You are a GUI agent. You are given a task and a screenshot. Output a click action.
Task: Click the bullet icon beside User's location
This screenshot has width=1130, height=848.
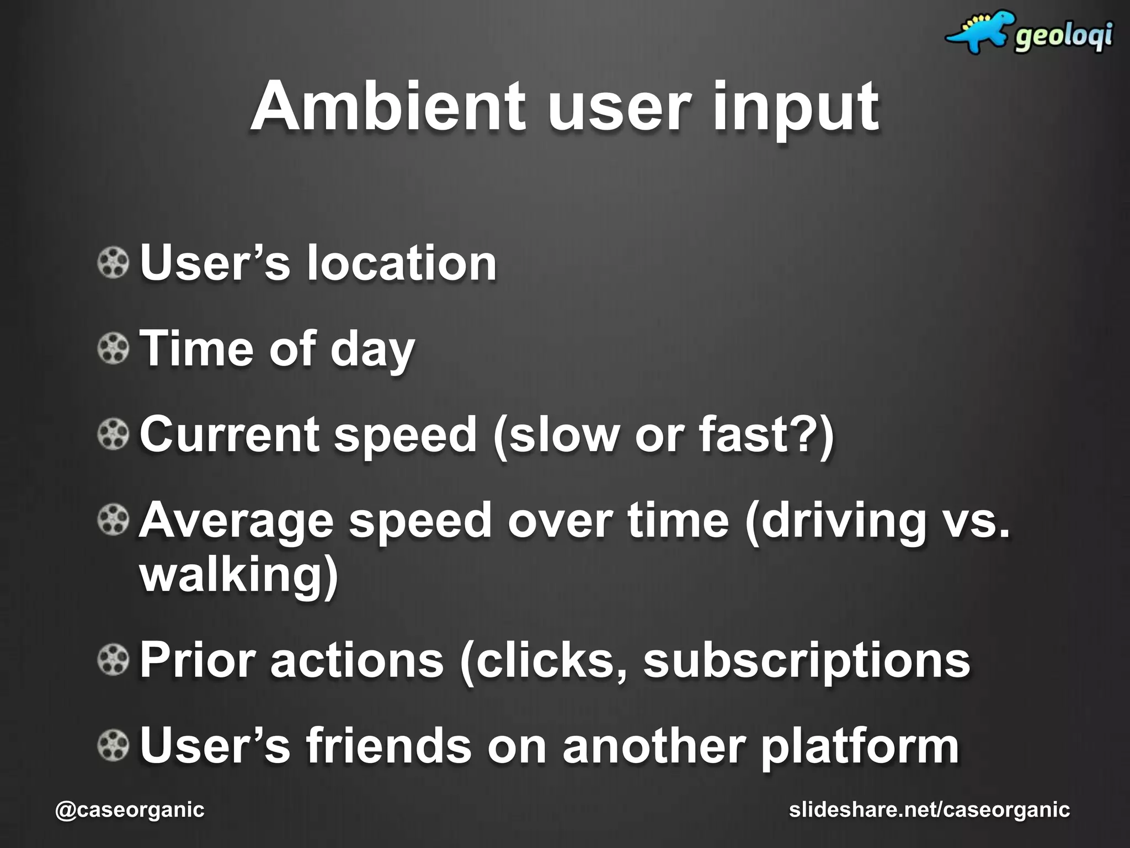click(x=113, y=263)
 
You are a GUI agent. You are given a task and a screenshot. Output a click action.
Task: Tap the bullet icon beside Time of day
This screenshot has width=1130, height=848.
click(x=113, y=349)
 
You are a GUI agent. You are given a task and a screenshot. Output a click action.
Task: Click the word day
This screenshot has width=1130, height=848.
click(x=372, y=350)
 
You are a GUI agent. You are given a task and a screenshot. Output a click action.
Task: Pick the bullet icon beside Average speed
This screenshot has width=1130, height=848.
click(x=113, y=520)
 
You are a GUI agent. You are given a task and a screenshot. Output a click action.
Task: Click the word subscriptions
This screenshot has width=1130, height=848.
click(x=806, y=661)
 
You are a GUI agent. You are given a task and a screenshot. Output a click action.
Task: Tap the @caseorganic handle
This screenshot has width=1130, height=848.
click(x=130, y=810)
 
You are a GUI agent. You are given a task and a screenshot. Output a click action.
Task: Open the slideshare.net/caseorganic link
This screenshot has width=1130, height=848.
click(x=929, y=810)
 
